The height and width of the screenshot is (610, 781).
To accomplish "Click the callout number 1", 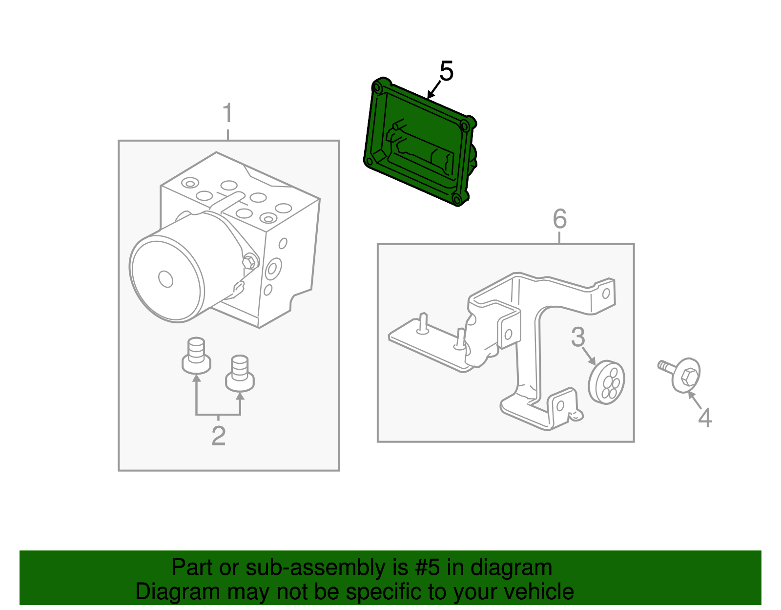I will tap(227, 113).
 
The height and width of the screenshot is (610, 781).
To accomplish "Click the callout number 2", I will tap(218, 436).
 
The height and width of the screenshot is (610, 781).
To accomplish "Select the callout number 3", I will tap(578, 337).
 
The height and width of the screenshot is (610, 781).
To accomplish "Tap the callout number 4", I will tap(705, 418).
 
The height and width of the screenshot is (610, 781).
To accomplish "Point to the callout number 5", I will tap(446, 71).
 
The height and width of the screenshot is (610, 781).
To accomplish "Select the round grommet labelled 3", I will tap(607, 382).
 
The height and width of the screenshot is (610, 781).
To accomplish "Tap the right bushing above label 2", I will tap(240, 374).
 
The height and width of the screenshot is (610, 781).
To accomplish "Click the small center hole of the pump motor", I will tap(166, 279).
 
